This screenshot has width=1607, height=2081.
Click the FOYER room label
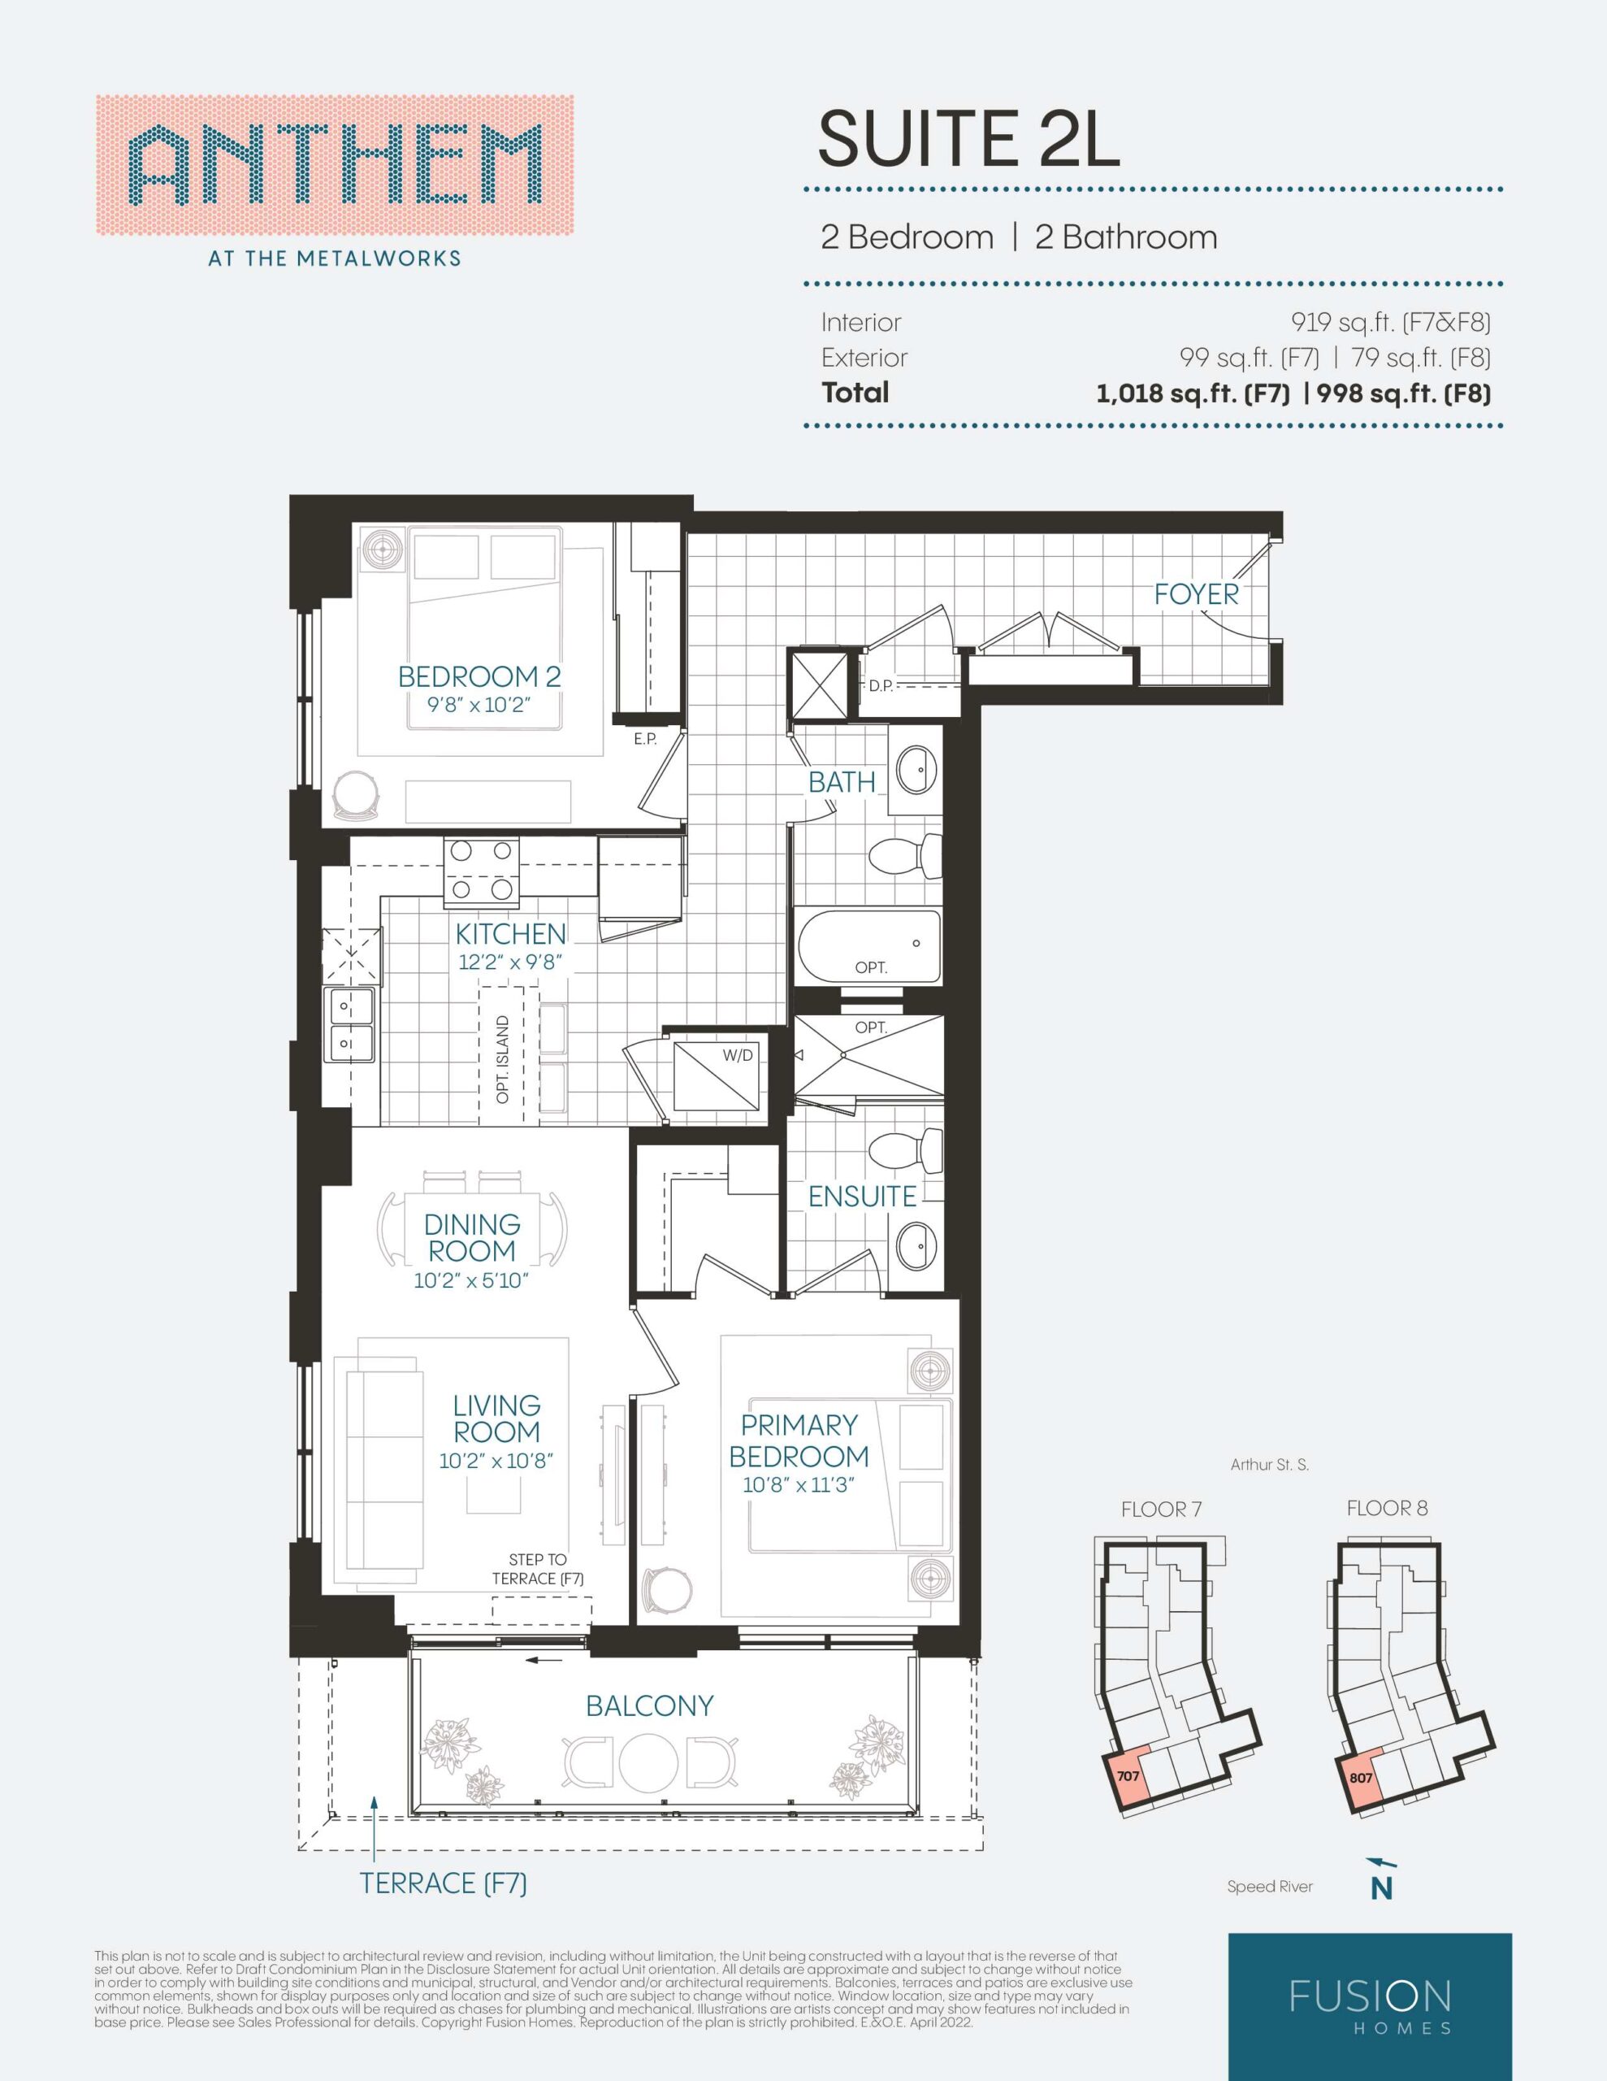[x=1197, y=593]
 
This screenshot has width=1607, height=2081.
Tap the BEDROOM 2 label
[x=479, y=676]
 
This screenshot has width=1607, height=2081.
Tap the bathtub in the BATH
[x=868, y=946]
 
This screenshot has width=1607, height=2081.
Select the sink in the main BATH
[x=916, y=769]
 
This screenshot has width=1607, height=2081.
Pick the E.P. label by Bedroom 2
[x=646, y=738]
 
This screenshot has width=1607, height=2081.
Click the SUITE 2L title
[x=968, y=139]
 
